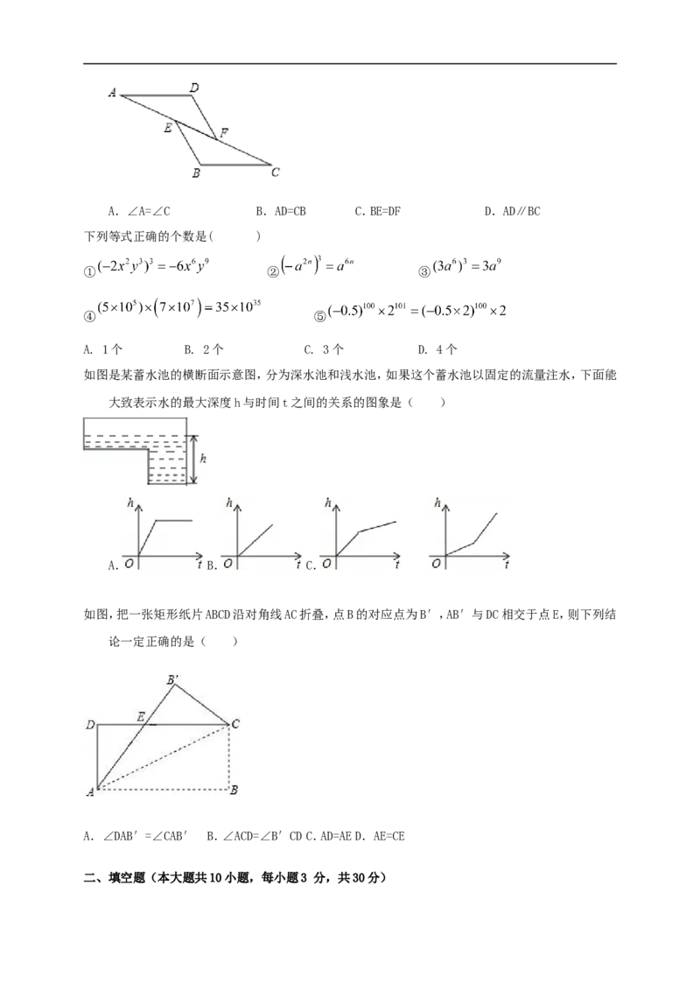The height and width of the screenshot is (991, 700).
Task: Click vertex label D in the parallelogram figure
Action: [x=194, y=88]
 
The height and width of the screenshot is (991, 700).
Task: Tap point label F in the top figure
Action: [x=224, y=133]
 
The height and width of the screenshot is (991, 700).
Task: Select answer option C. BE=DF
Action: [x=378, y=211]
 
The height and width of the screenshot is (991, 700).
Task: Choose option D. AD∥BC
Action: [x=513, y=211]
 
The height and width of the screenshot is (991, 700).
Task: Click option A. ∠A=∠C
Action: [x=139, y=211]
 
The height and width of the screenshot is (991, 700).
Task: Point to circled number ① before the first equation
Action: [x=90, y=271]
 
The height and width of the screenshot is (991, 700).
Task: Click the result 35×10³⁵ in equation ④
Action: [x=238, y=307]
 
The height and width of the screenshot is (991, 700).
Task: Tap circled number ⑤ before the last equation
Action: [x=320, y=316]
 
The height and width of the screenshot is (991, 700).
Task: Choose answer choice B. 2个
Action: [x=203, y=349]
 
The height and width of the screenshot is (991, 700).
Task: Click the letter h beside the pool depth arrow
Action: [x=203, y=459]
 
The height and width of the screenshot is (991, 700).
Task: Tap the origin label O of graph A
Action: [x=129, y=563]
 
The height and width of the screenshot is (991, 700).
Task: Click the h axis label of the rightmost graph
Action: [x=437, y=503]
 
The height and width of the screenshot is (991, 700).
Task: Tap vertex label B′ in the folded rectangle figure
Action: [x=172, y=680]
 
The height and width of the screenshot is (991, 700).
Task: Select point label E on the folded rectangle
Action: [x=141, y=717]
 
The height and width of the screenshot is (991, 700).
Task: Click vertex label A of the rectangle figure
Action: [x=90, y=791]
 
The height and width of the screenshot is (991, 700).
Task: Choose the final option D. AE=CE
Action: [x=380, y=836]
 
